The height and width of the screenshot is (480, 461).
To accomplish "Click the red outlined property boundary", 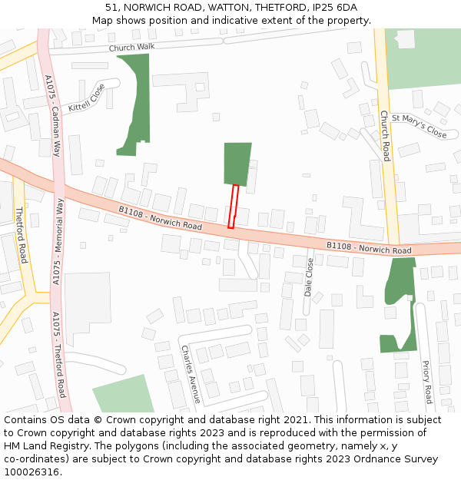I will pos(234,206).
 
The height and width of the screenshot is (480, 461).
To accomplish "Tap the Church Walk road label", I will pos(131,48).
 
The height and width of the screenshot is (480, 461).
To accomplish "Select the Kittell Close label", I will pos(86,98).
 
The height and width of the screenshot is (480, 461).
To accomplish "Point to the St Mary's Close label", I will pos(419,127).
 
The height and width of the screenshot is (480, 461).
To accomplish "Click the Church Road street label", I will pos(385,136).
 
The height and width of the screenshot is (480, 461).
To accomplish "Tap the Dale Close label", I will pos(310,276).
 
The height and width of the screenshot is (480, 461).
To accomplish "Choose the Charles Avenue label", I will pos(191,373).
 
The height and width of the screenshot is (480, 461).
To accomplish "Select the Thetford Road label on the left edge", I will pos(22,235).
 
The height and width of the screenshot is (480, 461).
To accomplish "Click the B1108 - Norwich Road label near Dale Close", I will pos(369,248).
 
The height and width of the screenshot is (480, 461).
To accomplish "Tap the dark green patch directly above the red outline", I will pos(237,164).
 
